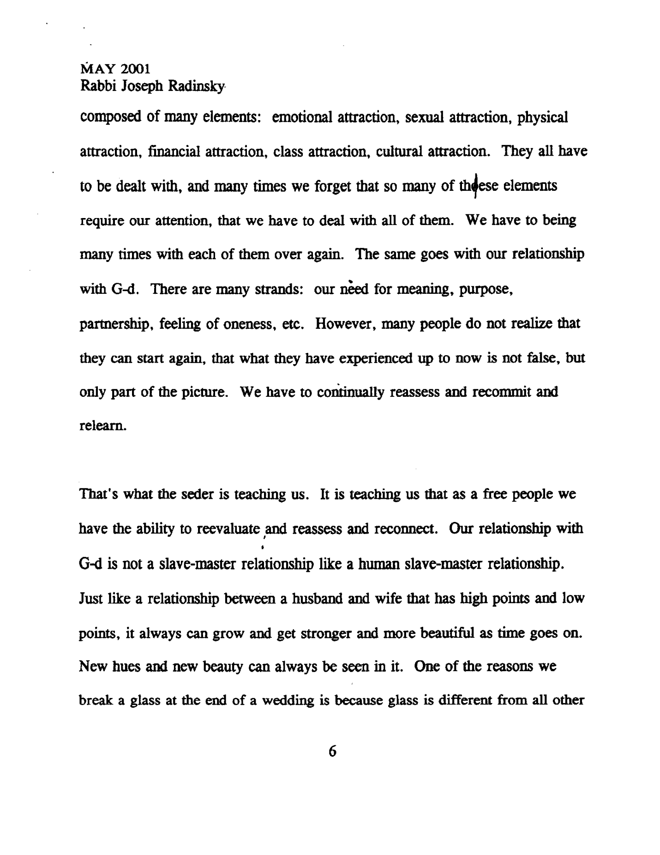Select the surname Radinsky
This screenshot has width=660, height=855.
coord(197,86)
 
